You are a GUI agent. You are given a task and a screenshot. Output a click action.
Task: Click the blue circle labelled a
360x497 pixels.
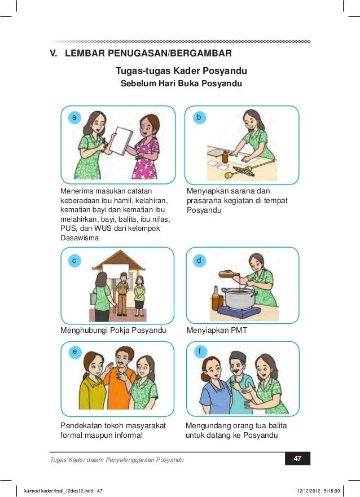coord(74,117)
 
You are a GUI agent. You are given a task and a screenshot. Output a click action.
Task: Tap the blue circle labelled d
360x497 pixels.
coord(199,261)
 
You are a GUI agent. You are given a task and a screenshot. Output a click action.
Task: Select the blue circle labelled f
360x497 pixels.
coord(200,351)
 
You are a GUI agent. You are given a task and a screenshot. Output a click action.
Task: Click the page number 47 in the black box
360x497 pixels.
coord(297,458)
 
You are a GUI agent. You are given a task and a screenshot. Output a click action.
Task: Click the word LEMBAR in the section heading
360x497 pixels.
coord(85,53)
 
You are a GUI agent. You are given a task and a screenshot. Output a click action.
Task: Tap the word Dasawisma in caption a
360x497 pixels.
coord(80,237)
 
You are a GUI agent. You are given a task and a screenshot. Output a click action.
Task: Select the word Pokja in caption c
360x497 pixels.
coord(120,330)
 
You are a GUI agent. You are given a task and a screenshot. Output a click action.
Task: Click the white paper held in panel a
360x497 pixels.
coord(120,140)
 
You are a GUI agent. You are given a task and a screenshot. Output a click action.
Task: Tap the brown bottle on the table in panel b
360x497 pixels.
coord(225,157)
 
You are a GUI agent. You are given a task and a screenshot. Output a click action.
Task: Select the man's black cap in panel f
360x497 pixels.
coord(238,357)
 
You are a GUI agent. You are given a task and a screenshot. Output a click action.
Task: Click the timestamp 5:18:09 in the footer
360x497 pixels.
coord(332,491)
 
